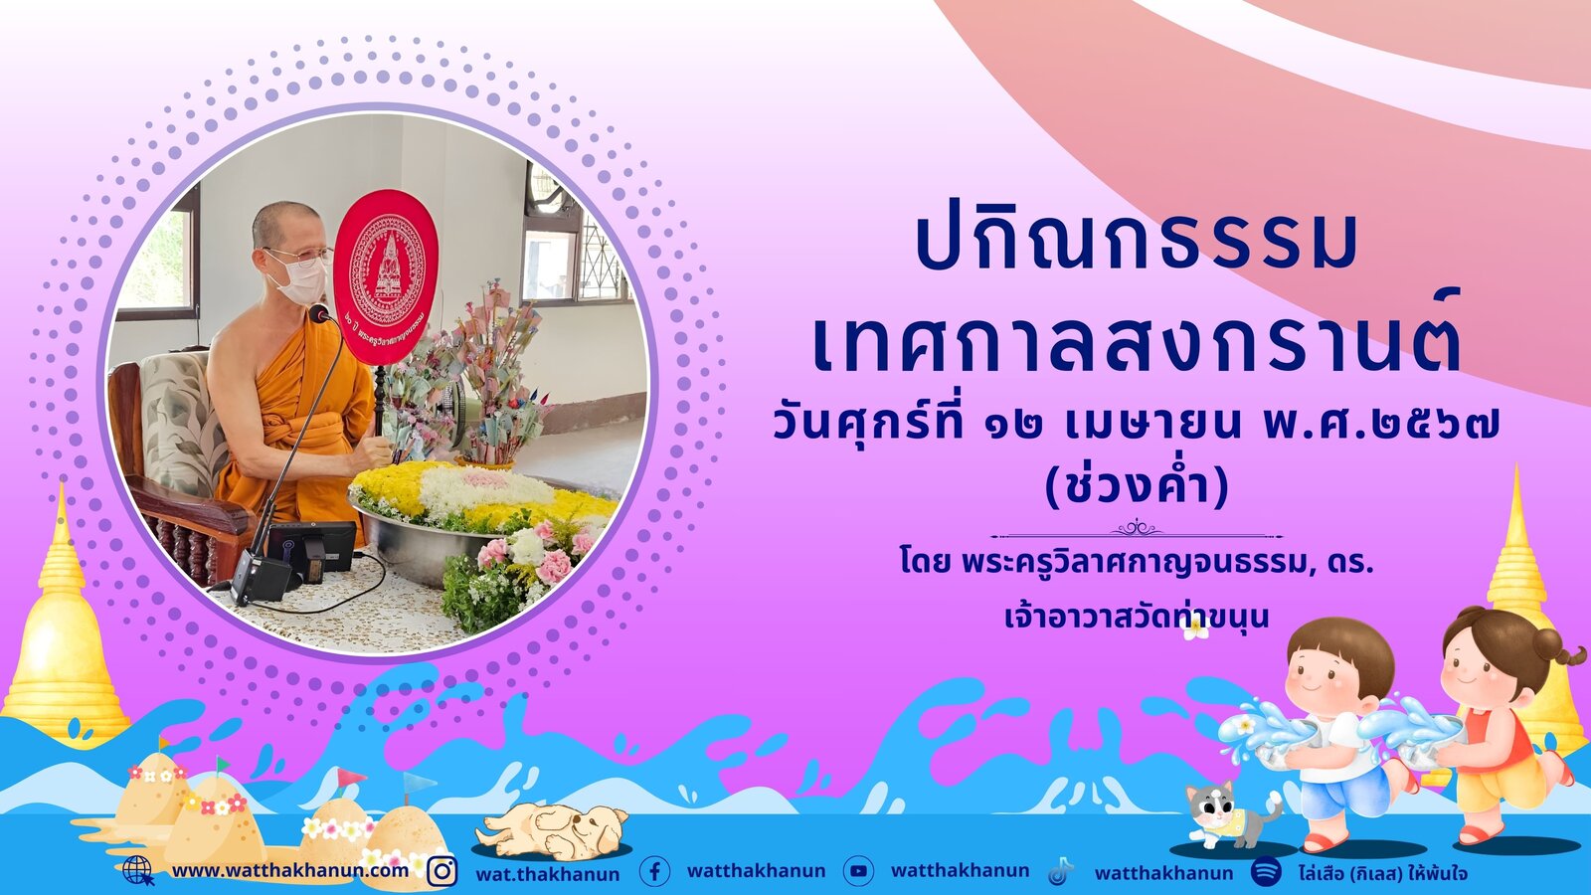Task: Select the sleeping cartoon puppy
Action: tap(551, 830)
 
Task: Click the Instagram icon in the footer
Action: tap(442, 871)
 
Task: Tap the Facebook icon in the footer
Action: tap(654, 871)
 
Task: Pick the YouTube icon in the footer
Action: tap(858, 871)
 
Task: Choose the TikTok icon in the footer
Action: tap(1060, 871)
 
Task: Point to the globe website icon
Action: tap(138, 870)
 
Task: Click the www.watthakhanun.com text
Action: tap(290, 871)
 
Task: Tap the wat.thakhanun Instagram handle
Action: tap(548, 874)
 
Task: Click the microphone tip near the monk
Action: tap(319, 312)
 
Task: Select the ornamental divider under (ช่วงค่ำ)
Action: tap(1137, 531)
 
